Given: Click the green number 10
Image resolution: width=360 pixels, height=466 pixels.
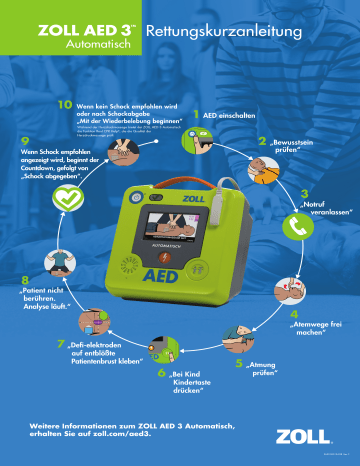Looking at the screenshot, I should click(64, 104).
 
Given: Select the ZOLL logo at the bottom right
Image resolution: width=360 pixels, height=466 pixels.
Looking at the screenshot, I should click(303, 437).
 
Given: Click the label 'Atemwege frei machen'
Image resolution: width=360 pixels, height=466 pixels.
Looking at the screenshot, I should click(316, 327).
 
